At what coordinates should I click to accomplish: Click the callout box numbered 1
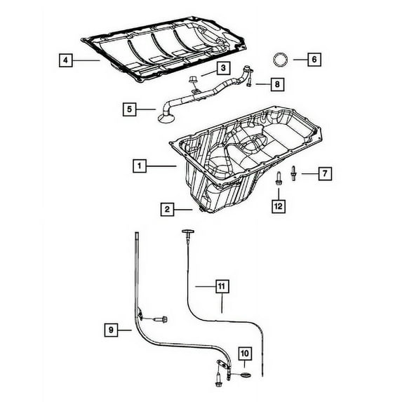140,166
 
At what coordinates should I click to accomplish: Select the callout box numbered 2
167,208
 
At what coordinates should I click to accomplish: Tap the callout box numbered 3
221,68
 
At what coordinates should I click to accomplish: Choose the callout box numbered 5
128,109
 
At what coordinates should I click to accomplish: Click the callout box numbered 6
314,60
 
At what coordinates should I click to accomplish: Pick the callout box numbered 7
324,172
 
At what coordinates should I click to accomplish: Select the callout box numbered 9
110,328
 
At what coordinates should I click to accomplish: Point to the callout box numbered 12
279,206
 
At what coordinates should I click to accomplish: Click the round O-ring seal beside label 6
279,59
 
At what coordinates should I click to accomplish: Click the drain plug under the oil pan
201,209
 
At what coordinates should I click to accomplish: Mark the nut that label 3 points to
194,83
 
